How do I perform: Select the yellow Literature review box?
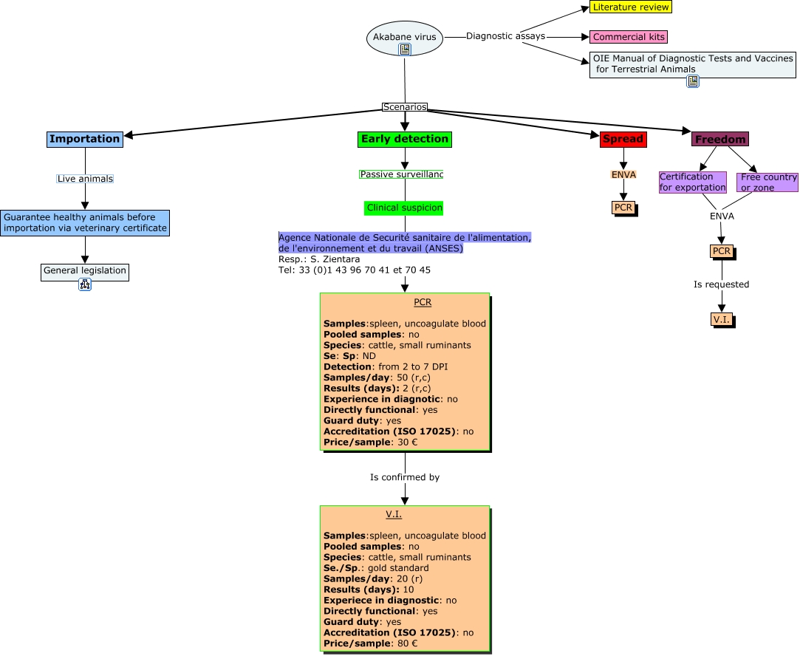click(x=631, y=7)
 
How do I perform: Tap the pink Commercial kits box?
click(x=629, y=37)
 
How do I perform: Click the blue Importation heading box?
click(x=84, y=139)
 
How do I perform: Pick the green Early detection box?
click(x=404, y=139)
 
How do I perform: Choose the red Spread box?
click(x=623, y=139)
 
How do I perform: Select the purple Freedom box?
click(x=719, y=139)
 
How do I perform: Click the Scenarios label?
click(x=404, y=106)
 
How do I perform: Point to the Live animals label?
click(x=85, y=179)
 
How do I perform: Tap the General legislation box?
click(x=85, y=271)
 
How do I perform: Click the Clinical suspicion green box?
click(x=404, y=208)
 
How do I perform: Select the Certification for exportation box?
click(x=692, y=182)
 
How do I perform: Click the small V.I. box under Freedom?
click(x=721, y=319)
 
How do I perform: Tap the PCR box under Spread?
click(x=623, y=208)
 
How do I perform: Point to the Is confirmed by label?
click(x=404, y=477)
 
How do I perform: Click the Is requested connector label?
click(x=721, y=284)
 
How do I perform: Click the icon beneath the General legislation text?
click(x=85, y=284)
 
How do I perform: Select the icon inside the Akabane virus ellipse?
click(x=404, y=49)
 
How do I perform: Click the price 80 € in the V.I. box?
click(x=408, y=643)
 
